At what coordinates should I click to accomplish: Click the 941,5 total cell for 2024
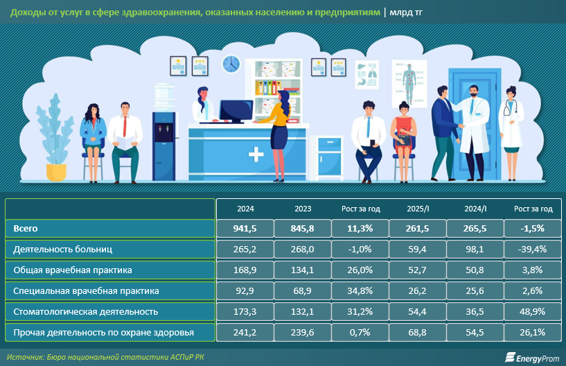click(245, 228)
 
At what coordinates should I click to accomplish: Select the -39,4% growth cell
click(533, 249)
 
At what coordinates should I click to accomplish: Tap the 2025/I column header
click(418, 209)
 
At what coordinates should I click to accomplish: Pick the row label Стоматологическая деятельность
click(80, 311)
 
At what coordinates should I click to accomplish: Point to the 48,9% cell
click(533, 311)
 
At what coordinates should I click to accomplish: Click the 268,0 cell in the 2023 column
click(303, 249)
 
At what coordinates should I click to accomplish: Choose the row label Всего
click(26, 228)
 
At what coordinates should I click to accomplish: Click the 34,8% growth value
click(360, 290)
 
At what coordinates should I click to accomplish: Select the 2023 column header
click(303, 209)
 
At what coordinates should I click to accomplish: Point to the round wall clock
click(230, 64)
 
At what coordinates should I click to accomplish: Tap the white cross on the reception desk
click(256, 152)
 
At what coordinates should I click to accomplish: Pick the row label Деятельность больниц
click(63, 249)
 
